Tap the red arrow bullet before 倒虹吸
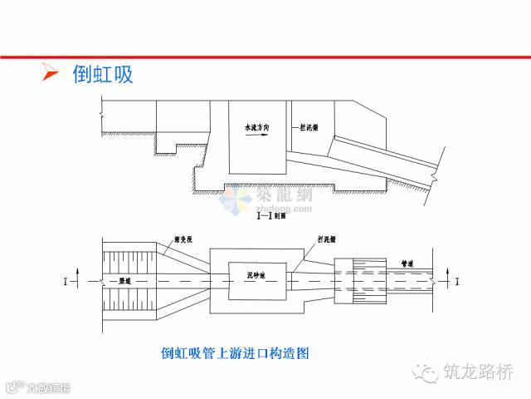pyautogui.click(x=51, y=76)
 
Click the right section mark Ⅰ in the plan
pyautogui.click(x=459, y=281)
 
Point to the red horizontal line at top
pyautogui.click(x=265, y=57)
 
